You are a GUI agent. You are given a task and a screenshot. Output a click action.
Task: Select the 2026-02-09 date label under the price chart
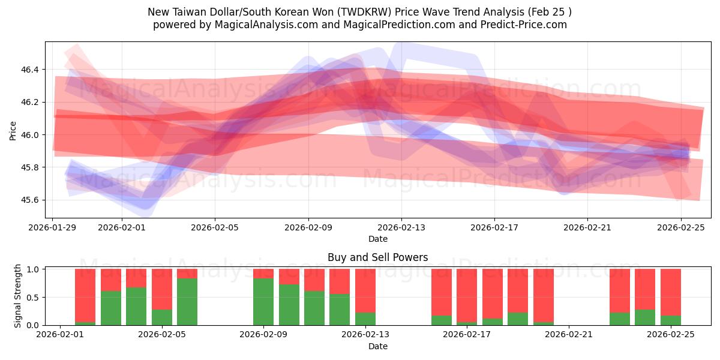point(308,227)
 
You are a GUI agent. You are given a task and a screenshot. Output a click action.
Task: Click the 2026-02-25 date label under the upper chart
point(681,227)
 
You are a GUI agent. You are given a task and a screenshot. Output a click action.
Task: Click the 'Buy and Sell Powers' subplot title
point(377,257)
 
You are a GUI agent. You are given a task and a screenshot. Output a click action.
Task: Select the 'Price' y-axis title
point(13,130)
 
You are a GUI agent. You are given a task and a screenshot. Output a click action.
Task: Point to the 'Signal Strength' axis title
point(18,296)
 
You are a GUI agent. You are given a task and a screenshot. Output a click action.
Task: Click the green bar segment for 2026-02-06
point(187,302)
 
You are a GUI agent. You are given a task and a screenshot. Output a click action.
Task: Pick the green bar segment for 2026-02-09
point(263,302)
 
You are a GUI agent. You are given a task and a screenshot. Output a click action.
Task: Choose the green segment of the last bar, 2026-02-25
point(670,320)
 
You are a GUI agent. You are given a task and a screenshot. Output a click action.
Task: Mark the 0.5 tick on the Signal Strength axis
point(34,298)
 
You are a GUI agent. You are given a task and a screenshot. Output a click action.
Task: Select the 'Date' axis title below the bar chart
point(377,346)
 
